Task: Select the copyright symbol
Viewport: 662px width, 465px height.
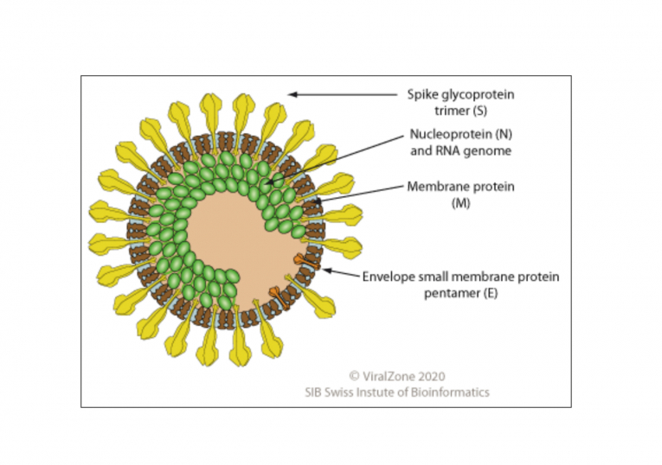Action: [354, 376]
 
